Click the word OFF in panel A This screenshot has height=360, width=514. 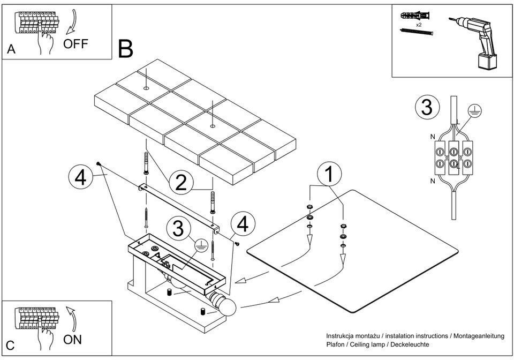(x=75, y=44)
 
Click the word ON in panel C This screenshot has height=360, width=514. (x=73, y=340)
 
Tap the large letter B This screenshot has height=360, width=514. (x=125, y=49)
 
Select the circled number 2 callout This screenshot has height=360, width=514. (x=181, y=183)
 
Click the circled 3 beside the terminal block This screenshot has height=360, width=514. (x=427, y=107)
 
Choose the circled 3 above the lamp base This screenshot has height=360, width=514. (x=177, y=229)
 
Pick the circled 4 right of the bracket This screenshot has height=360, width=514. (x=243, y=224)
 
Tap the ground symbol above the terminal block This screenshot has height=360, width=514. (x=475, y=111)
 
